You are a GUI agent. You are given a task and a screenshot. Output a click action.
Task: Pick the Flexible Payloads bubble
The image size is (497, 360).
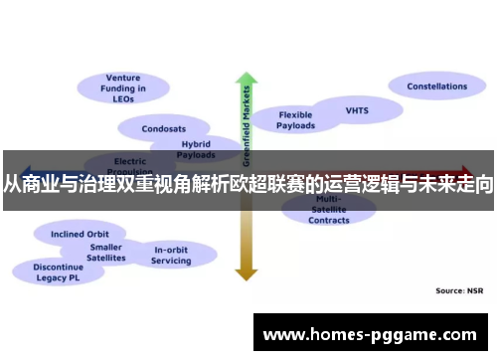(x=295, y=119)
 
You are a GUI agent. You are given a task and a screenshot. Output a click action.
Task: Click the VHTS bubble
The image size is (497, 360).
(x=356, y=109)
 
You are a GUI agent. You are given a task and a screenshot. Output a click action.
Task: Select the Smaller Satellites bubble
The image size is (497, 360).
(x=106, y=252)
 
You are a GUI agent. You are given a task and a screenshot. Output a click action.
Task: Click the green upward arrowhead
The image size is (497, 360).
(x=246, y=79)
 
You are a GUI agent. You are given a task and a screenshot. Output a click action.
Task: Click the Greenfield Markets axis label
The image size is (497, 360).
(x=247, y=124)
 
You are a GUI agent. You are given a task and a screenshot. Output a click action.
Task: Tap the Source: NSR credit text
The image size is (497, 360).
(x=460, y=290)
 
